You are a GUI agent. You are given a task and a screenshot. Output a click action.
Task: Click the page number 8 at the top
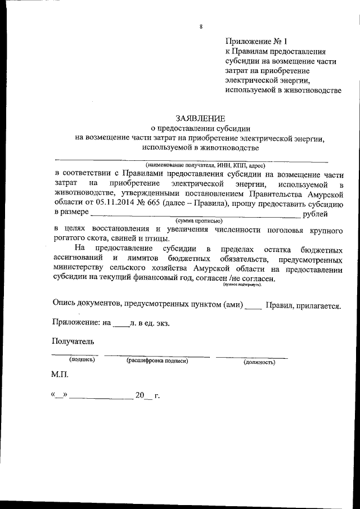(x=201, y=26)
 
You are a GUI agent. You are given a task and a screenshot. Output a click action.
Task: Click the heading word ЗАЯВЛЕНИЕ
(x=200, y=118)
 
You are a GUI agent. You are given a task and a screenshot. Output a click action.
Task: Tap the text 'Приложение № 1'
(x=256, y=41)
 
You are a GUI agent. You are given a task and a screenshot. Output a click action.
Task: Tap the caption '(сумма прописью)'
(x=200, y=221)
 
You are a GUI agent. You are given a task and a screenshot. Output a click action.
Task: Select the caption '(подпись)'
(x=82, y=359)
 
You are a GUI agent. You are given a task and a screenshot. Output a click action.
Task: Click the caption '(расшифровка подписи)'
(x=157, y=360)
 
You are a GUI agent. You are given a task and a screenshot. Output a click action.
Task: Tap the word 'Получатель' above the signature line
(x=73, y=341)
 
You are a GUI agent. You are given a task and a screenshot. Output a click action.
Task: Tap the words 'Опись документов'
(x=84, y=305)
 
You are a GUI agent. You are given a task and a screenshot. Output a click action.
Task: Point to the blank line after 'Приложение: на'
(x=121, y=325)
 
